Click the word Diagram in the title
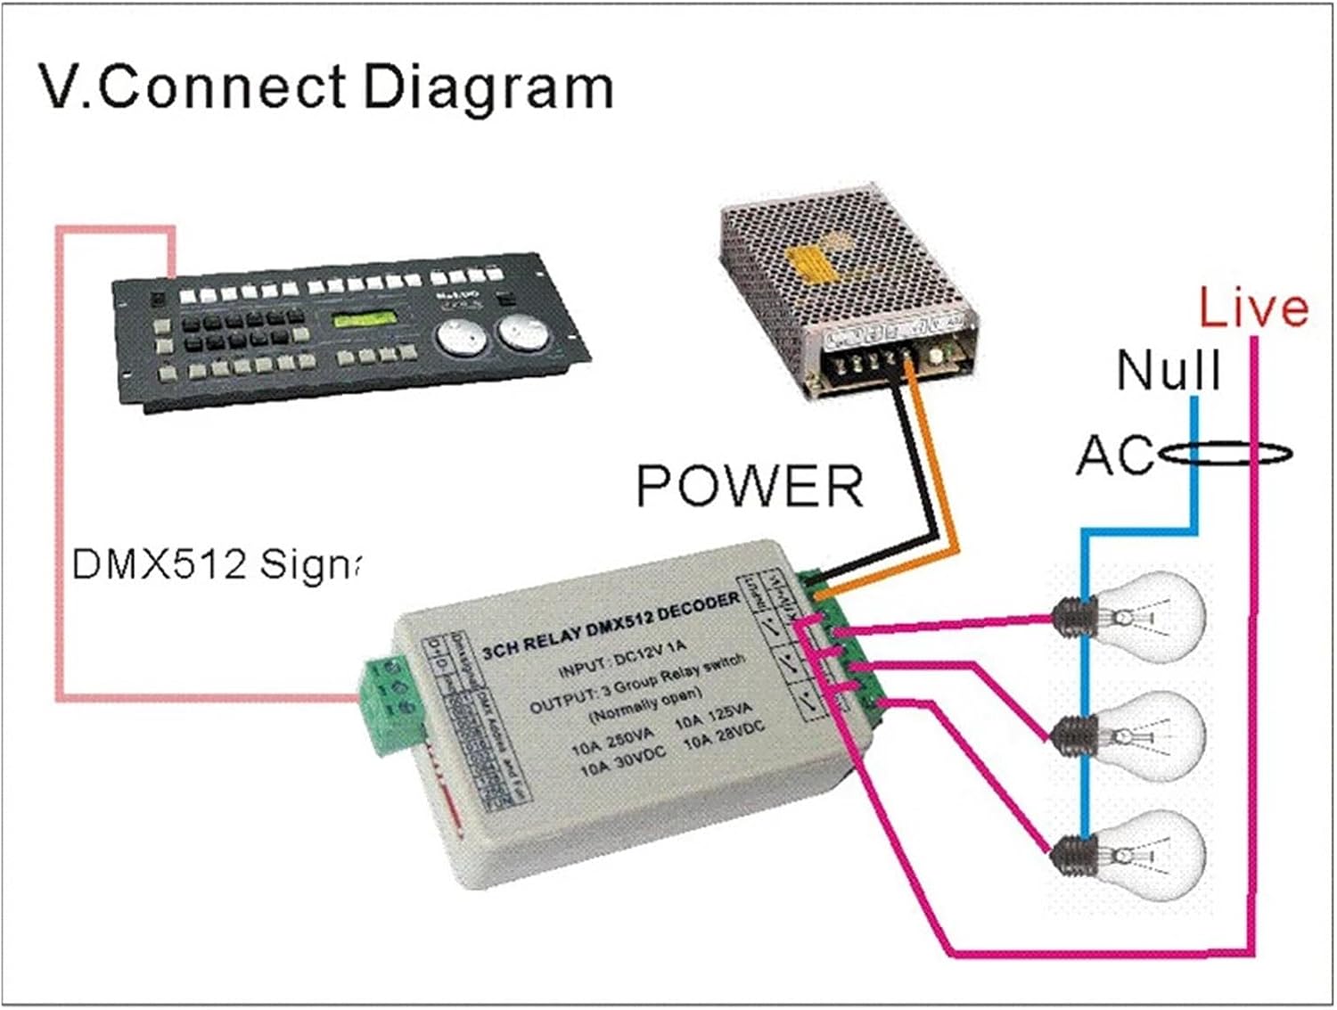point(488,87)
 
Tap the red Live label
point(1252,308)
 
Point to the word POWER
point(750,486)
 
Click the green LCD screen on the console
point(363,320)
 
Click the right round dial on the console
point(524,331)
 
